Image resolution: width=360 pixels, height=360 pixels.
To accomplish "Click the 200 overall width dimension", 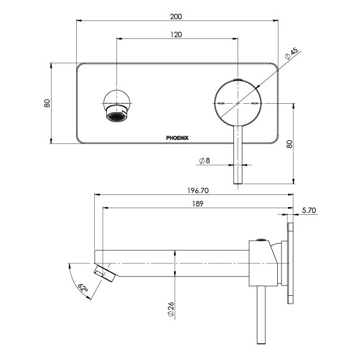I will (176, 16).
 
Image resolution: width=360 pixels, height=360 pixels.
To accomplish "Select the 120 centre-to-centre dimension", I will (176, 35).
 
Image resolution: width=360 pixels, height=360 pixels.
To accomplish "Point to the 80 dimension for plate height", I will (47, 103).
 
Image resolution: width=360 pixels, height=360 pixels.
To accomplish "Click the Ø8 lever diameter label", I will (204, 161).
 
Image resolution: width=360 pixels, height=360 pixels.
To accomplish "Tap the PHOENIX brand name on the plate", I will (178, 137).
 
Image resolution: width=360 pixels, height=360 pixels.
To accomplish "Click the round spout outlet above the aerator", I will (115, 98).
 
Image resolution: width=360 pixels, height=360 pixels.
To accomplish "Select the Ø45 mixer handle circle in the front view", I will (238, 103).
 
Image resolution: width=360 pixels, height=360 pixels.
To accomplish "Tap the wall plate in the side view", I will (292, 264).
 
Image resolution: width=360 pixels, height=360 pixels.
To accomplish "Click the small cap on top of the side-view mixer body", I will (260, 239).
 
